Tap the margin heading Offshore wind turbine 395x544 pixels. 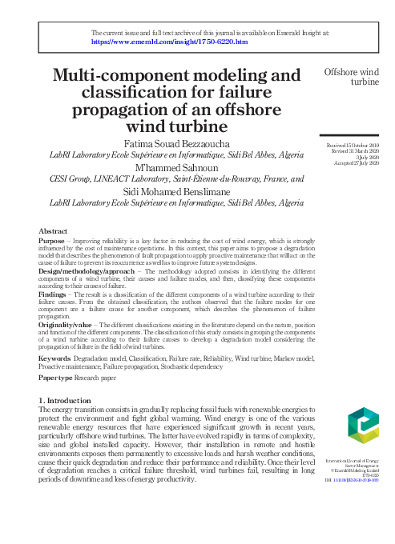(x=351, y=77)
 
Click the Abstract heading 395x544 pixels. (x=53, y=230)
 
